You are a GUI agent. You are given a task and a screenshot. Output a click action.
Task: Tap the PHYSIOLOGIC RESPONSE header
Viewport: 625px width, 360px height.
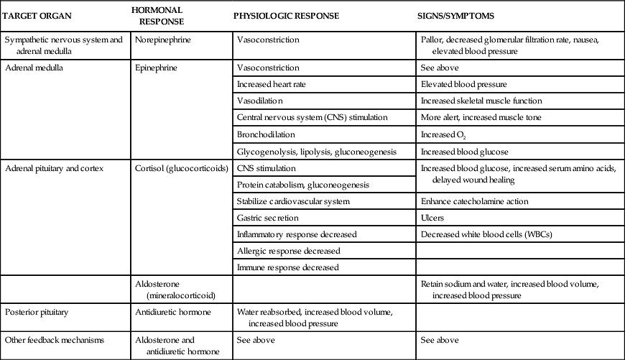click(x=287, y=15)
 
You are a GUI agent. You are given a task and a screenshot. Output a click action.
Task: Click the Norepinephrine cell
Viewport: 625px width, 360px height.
click(x=163, y=40)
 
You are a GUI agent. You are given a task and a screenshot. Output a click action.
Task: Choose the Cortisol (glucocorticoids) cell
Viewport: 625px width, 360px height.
click(x=177, y=169)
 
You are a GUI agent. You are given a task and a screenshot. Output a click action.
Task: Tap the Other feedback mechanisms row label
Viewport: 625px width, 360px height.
click(x=55, y=339)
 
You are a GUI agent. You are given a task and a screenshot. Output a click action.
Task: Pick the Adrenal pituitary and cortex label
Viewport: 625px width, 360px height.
click(x=55, y=169)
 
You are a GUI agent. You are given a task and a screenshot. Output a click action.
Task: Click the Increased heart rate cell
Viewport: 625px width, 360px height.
click(x=269, y=84)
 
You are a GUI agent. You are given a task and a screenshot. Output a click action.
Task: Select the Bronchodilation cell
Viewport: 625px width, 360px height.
click(x=265, y=134)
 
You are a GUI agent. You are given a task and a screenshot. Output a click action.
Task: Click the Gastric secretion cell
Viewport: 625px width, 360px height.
click(x=267, y=218)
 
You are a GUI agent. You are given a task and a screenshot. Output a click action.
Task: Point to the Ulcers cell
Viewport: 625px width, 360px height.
click(x=432, y=218)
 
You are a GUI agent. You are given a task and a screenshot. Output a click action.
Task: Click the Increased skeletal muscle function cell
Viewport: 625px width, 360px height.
click(x=481, y=101)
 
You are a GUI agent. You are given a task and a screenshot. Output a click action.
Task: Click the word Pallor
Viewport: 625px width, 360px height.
click(x=432, y=40)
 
